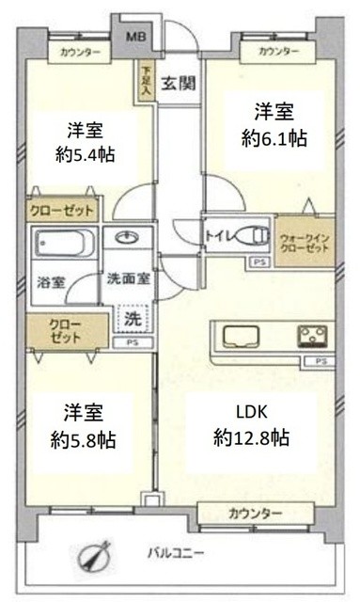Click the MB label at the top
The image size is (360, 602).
click(x=136, y=38)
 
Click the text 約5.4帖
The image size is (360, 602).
click(x=86, y=154)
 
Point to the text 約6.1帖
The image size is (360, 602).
click(x=274, y=138)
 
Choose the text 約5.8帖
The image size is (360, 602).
click(x=86, y=438)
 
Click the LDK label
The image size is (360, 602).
click(x=251, y=410)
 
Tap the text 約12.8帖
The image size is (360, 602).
click(x=251, y=437)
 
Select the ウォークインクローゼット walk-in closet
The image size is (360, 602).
click(x=304, y=242)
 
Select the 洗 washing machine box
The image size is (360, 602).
click(x=131, y=320)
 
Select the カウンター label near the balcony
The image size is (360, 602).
click(x=254, y=513)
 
